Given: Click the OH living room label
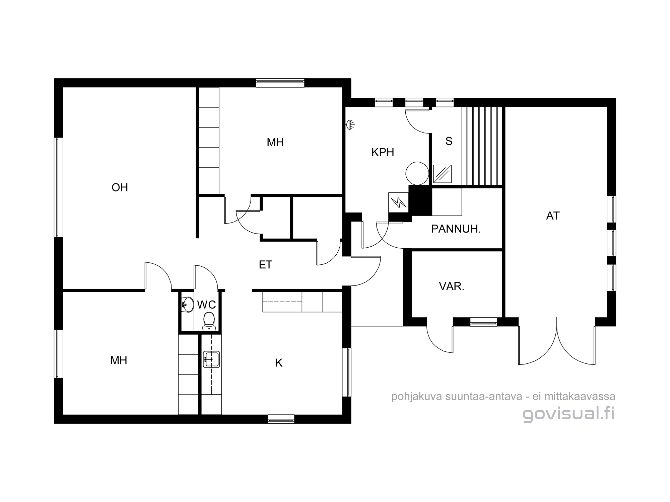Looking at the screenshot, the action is (x=120, y=187).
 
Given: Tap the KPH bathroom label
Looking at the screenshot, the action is (x=383, y=153).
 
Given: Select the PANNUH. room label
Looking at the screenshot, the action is (x=456, y=229).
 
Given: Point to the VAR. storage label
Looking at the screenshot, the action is (x=452, y=286).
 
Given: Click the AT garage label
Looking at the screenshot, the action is (x=553, y=216).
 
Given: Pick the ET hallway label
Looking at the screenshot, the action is (x=265, y=265).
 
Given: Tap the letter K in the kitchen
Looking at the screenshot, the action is (x=279, y=363).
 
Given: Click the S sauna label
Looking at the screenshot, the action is (x=449, y=141).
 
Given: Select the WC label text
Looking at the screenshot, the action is (x=206, y=305).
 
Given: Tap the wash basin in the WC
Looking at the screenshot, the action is (x=187, y=305).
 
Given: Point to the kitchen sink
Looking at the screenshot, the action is (x=211, y=359).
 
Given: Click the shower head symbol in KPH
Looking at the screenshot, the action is (x=350, y=125).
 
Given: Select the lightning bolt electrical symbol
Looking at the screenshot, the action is (x=399, y=202).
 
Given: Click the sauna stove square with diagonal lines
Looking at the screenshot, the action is (x=442, y=174).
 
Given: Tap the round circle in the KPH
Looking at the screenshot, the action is (x=417, y=173).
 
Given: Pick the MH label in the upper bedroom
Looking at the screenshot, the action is (x=275, y=143).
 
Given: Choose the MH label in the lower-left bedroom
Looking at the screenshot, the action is (x=119, y=360).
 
